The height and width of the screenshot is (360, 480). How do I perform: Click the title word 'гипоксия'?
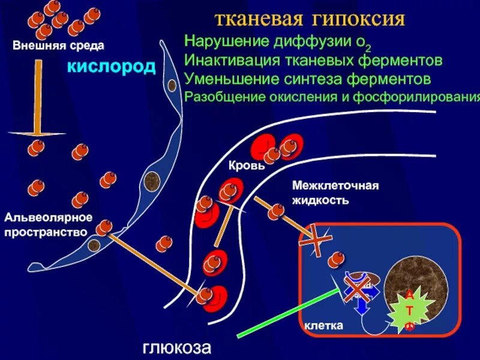(x=358, y=19)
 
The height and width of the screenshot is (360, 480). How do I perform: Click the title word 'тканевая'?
(x=260, y=19)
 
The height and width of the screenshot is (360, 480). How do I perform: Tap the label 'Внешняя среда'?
(x=59, y=45)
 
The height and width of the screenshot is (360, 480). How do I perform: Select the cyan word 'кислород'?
(x=111, y=66)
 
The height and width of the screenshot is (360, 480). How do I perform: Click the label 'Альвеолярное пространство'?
(x=48, y=224)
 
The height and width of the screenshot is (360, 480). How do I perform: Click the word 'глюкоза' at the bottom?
(x=177, y=347)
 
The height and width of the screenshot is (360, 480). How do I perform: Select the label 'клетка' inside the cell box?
(x=323, y=326)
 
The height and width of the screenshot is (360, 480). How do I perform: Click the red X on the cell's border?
(x=316, y=242)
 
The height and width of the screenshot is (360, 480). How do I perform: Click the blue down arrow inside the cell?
(x=361, y=303)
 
